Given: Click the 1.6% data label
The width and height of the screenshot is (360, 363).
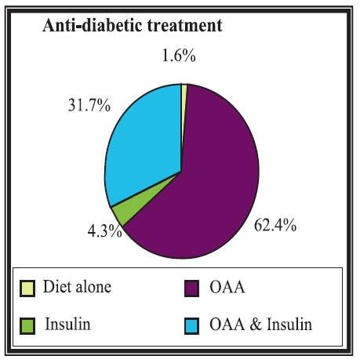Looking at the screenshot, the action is click(x=179, y=56).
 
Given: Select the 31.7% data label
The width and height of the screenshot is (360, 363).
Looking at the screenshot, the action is click(x=89, y=106).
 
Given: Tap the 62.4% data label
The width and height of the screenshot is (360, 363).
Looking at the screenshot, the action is click(x=275, y=225).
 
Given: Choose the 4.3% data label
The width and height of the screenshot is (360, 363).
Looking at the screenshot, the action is click(x=105, y=231).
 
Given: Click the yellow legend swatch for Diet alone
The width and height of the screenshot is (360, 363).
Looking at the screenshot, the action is click(x=27, y=289).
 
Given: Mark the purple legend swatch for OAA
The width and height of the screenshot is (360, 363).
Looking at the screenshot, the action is click(x=191, y=289).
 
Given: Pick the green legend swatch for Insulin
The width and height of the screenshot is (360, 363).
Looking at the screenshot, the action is click(x=27, y=326).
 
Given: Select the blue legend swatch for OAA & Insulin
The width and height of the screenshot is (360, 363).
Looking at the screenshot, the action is click(x=191, y=326).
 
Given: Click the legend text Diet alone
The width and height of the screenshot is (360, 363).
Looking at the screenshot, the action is click(x=77, y=287).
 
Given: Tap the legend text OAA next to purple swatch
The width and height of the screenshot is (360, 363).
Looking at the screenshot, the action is click(x=227, y=287).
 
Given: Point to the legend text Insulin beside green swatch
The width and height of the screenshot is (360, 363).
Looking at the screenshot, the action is click(x=67, y=324).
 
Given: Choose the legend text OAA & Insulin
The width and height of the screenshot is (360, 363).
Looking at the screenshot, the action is click(x=261, y=325).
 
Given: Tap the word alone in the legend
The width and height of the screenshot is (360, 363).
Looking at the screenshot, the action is click(x=93, y=287).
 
